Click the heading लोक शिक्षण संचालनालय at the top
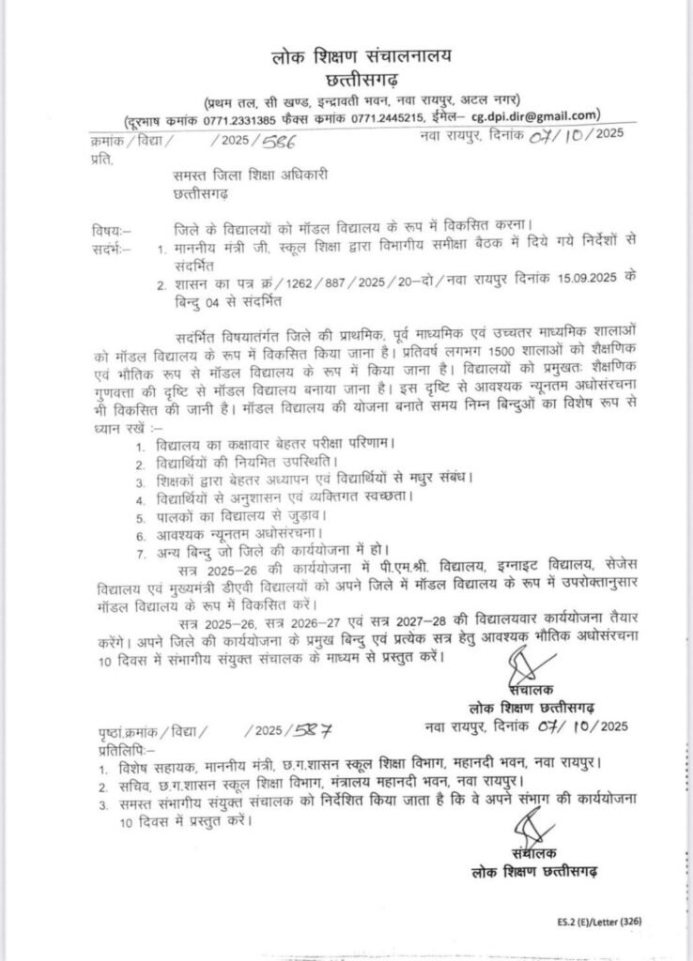356,57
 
